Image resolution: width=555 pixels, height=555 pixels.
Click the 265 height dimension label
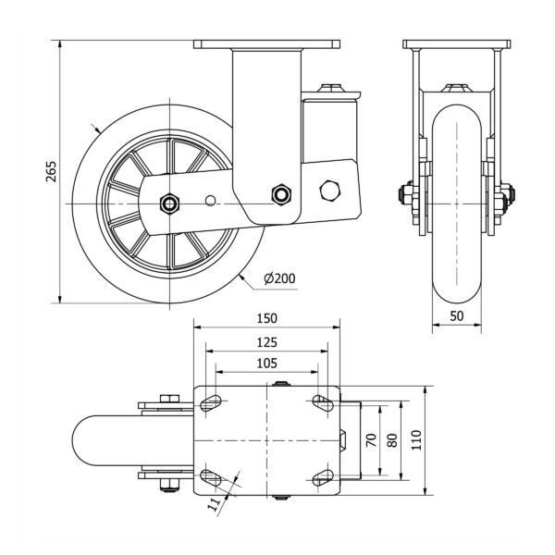click(x=51, y=172)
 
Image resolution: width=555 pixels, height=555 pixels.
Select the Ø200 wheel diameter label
click(x=279, y=278)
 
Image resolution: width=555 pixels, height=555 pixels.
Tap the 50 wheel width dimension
click(x=457, y=315)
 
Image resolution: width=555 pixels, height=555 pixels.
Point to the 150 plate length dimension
click(x=266, y=317)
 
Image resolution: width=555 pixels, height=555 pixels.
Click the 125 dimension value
click(x=266, y=342)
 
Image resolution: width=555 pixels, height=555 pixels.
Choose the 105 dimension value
click(x=266, y=364)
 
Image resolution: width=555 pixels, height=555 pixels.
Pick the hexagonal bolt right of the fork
click(x=330, y=191)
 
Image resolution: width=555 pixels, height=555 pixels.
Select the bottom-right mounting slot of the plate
click(x=322, y=476)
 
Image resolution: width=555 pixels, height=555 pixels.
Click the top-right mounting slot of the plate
click(x=322, y=402)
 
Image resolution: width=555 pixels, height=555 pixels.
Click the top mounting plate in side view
click(x=266, y=44)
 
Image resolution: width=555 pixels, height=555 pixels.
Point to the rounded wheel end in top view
click(x=88, y=440)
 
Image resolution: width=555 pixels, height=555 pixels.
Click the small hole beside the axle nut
click(x=211, y=200)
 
